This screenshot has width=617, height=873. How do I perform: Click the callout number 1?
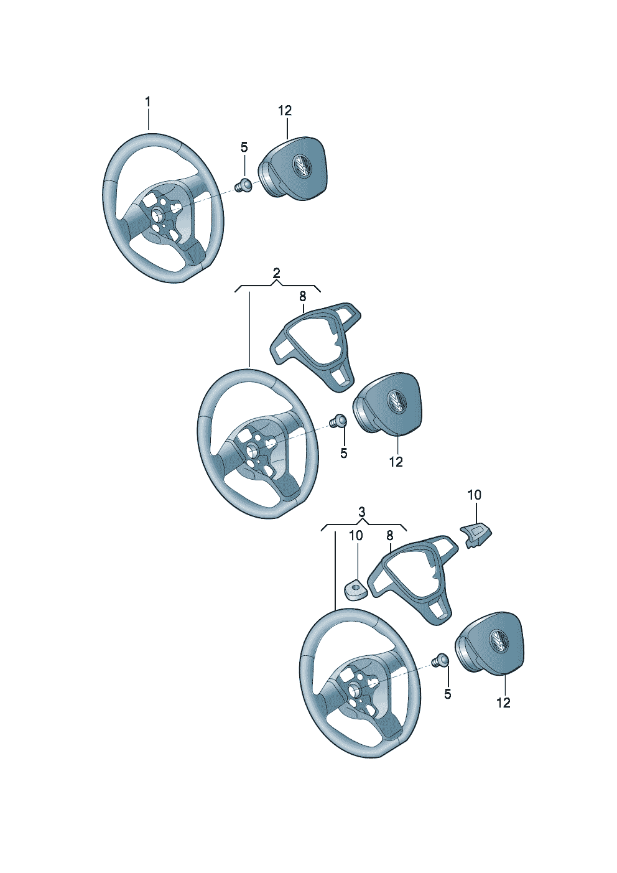click(147, 103)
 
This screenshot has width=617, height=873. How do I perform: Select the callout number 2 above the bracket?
click(276, 273)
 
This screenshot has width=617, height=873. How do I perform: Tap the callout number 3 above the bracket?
click(362, 511)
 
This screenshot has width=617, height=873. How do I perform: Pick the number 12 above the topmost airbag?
click(285, 111)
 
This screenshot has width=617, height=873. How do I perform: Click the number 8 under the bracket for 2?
click(303, 297)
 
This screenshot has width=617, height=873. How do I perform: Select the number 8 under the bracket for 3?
click(390, 536)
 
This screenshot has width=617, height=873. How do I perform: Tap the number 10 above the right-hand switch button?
click(475, 495)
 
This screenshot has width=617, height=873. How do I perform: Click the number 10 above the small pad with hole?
click(356, 536)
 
